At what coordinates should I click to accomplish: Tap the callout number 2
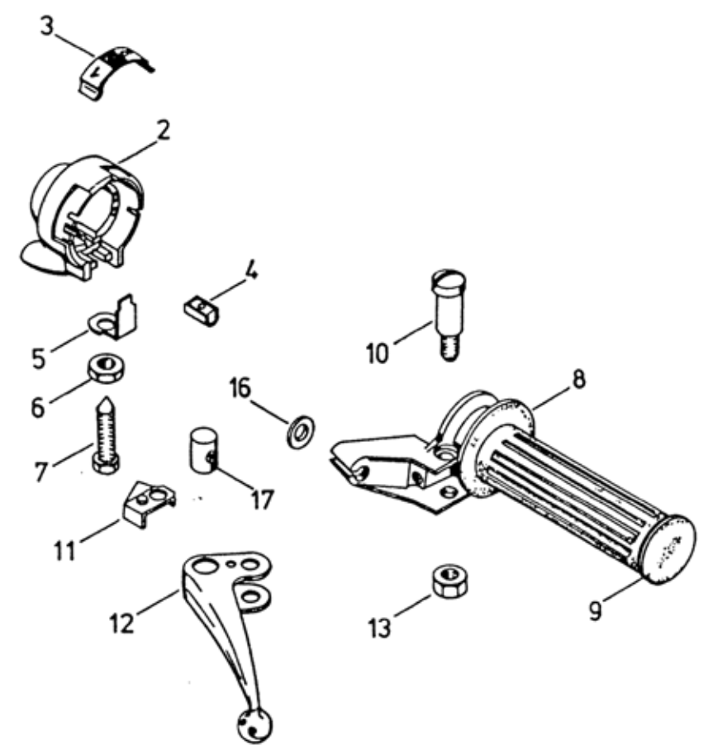click(164, 130)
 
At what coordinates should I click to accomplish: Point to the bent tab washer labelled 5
click(116, 320)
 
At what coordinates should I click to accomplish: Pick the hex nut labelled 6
click(105, 369)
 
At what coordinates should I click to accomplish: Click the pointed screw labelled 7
click(106, 434)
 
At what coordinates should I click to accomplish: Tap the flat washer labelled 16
click(302, 429)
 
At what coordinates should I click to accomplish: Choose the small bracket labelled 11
click(148, 504)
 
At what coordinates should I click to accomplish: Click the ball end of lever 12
click(255, 724)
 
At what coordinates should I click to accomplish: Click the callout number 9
click(595, 610)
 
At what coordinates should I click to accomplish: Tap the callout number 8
click(578, 379)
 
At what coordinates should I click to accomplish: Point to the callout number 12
click(121, 624)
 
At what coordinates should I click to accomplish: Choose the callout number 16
click(240, 388)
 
